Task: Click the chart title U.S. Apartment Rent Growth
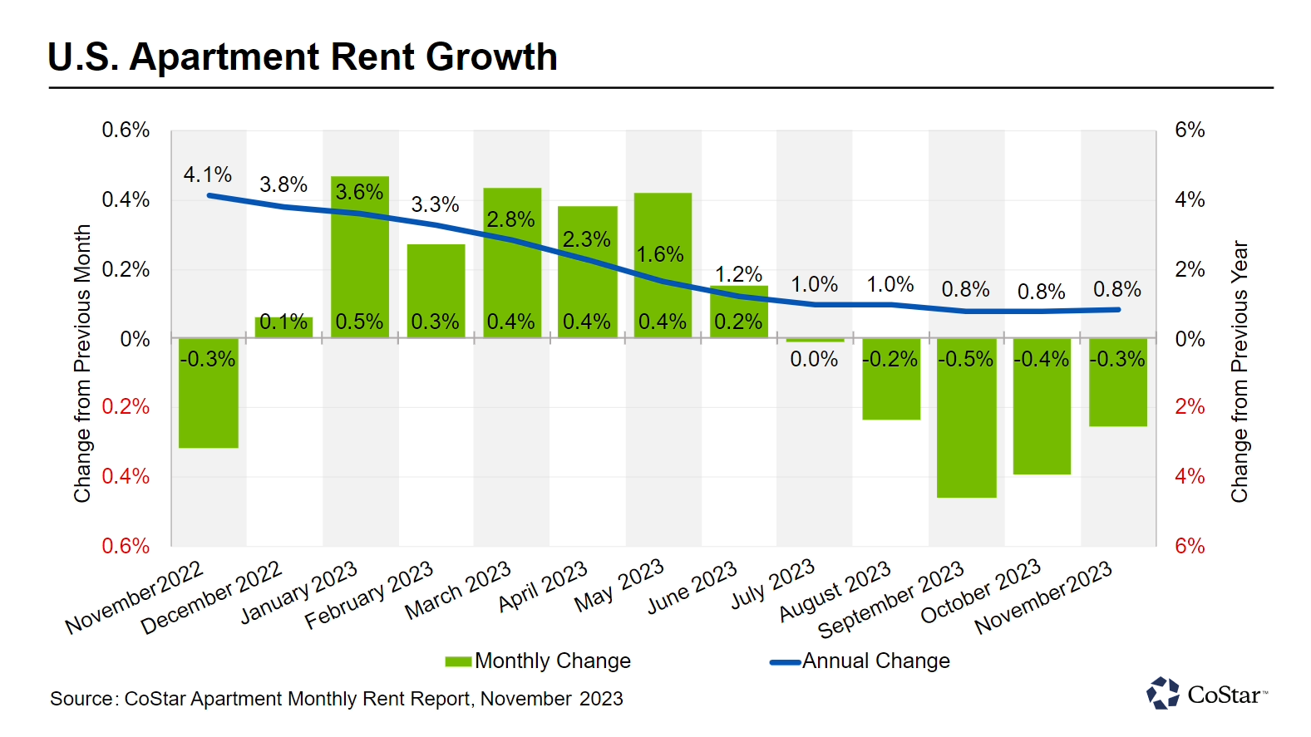coord(303,57)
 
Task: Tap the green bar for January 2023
coord(360,258)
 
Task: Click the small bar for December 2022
coord(284,328)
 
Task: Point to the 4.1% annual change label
coord(208,175)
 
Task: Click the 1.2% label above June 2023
coord(738,274)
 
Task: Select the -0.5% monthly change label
coord(965,359)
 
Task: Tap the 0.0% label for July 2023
coord(814,359)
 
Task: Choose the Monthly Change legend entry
coord(539,661)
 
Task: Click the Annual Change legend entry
coord(860,661)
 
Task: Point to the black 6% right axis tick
coord(1190,130)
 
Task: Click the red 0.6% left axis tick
coord(126,546)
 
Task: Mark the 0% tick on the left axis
coord(135,339)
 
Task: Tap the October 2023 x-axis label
coord(981,590)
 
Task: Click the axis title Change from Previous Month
coord(82,363)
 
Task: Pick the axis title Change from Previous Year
coord(1240,371)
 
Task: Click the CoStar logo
coord(1207,694)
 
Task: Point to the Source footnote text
coord(337,699)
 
